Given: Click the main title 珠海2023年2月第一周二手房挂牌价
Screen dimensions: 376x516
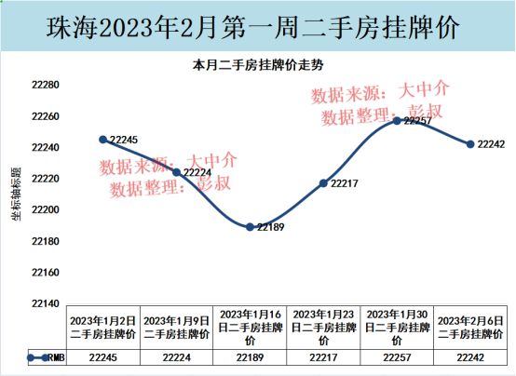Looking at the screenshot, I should pyautogui.click(x=258, y=28).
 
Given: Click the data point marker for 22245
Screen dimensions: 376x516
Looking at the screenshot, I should pyautogui.click(x=102, y=140).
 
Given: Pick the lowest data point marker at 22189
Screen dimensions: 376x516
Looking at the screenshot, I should pyautogui.click(x=250, y=227).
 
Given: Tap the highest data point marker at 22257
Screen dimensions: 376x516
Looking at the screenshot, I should pyautogui.click(x=397, y=121).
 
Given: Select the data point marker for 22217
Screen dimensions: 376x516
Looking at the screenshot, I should pyautogui.click(x=323, y=183).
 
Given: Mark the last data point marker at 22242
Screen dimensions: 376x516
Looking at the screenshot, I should pyautogui.click(x=470, y=144).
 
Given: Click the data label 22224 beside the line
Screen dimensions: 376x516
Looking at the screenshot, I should pyautogui.click(x=197, y=172).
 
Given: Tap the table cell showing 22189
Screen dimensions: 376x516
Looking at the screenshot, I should pyautogui.click(x=250, y=357).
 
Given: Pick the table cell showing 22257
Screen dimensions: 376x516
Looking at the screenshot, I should pyautogui.click(x=397, y=357).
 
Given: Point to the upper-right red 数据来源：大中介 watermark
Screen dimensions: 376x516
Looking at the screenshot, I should pyautogui.click(x=380, y=93).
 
